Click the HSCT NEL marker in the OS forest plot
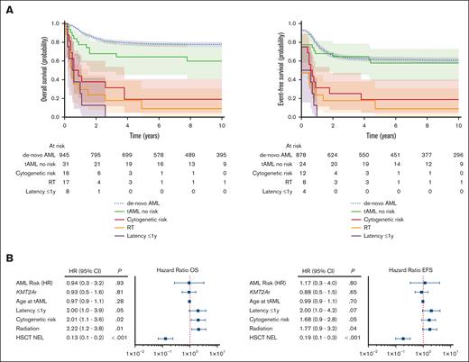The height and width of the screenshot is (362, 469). (x=165, y=339)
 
